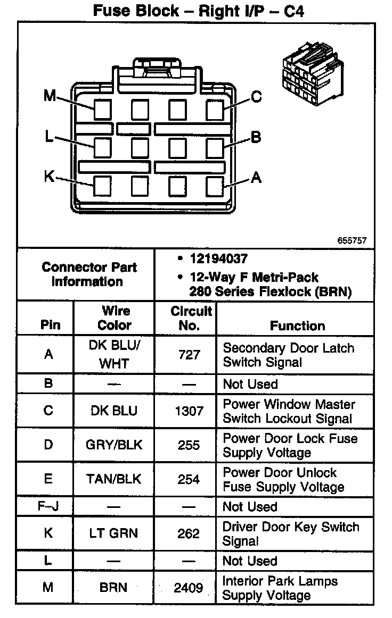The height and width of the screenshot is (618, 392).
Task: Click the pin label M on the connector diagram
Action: coord(50,96)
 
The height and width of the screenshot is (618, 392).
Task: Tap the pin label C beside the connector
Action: coord(257,97)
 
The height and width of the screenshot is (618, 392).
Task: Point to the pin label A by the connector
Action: coord(256,178)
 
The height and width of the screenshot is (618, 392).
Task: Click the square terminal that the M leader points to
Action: coord(103,110)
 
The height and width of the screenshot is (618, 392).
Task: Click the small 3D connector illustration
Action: coord(308,74)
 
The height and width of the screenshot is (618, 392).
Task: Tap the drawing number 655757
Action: coord(352,240)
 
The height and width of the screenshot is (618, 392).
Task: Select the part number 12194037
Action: coord(218,260)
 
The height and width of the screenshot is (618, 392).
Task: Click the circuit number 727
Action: coord(189,355)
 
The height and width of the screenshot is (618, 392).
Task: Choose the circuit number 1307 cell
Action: coord(189,411)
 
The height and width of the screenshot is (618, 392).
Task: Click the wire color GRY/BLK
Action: coord(114,445)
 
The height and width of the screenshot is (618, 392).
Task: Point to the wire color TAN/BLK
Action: coord(114,479)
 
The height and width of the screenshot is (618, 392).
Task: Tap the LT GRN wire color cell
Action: coord(114,533)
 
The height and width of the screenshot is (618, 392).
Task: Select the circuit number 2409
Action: coord(189,588)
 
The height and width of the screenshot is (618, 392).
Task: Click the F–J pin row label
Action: coord(48,507)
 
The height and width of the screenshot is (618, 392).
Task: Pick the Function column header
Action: coord(297,325)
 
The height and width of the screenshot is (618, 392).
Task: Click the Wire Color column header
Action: coord(115,318)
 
